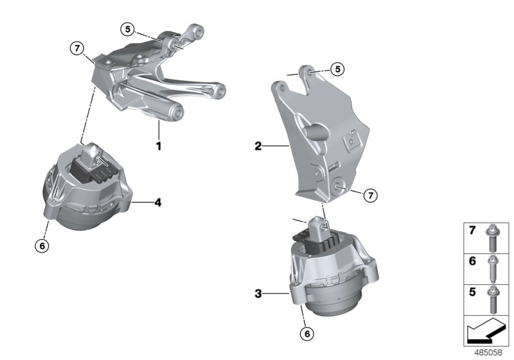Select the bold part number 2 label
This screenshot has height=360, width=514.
click(x=258, y=147)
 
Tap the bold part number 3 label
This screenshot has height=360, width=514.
click(x=258, y=294)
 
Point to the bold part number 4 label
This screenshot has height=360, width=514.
click(x=157, y=203)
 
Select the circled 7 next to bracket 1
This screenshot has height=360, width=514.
click(x=77, y=47)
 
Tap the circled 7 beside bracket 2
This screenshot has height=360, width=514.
click(x=370, y=195)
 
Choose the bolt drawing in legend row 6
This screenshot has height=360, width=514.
click(x=493, y=269)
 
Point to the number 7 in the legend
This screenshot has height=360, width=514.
click(x=471, y=230)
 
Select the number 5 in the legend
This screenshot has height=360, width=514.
click(x=471, y=290)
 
